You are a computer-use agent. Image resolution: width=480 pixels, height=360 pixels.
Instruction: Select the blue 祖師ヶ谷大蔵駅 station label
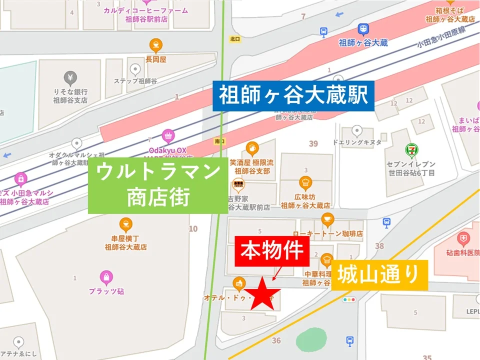coord(293,95)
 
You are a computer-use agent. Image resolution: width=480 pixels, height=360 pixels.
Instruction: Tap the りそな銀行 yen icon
coord(70,78)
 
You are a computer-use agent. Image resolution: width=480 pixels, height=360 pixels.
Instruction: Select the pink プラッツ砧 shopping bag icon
coord(106,276)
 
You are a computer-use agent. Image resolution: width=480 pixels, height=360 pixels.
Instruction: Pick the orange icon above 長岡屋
coord(156,46)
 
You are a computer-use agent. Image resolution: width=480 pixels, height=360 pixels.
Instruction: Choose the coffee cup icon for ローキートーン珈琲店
coord(327,218)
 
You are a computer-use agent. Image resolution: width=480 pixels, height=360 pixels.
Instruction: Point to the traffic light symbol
coord(348,299)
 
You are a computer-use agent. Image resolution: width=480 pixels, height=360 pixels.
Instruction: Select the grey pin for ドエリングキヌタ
coord(357,131)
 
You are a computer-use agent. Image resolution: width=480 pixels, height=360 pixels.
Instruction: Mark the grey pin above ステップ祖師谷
coord(135,69)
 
